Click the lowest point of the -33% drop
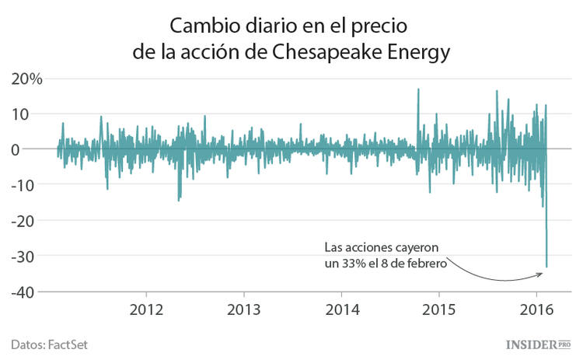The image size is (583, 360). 546,267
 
